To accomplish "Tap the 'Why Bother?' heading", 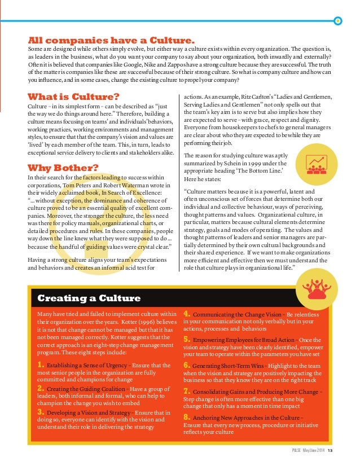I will [x=63, y=168].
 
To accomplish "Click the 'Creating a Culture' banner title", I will [x=89, y=298].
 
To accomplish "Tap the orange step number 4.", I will [x=187, y=314].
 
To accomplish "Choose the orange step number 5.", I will [x=187, y=339].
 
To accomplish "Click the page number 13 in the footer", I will [x=330, y=449].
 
